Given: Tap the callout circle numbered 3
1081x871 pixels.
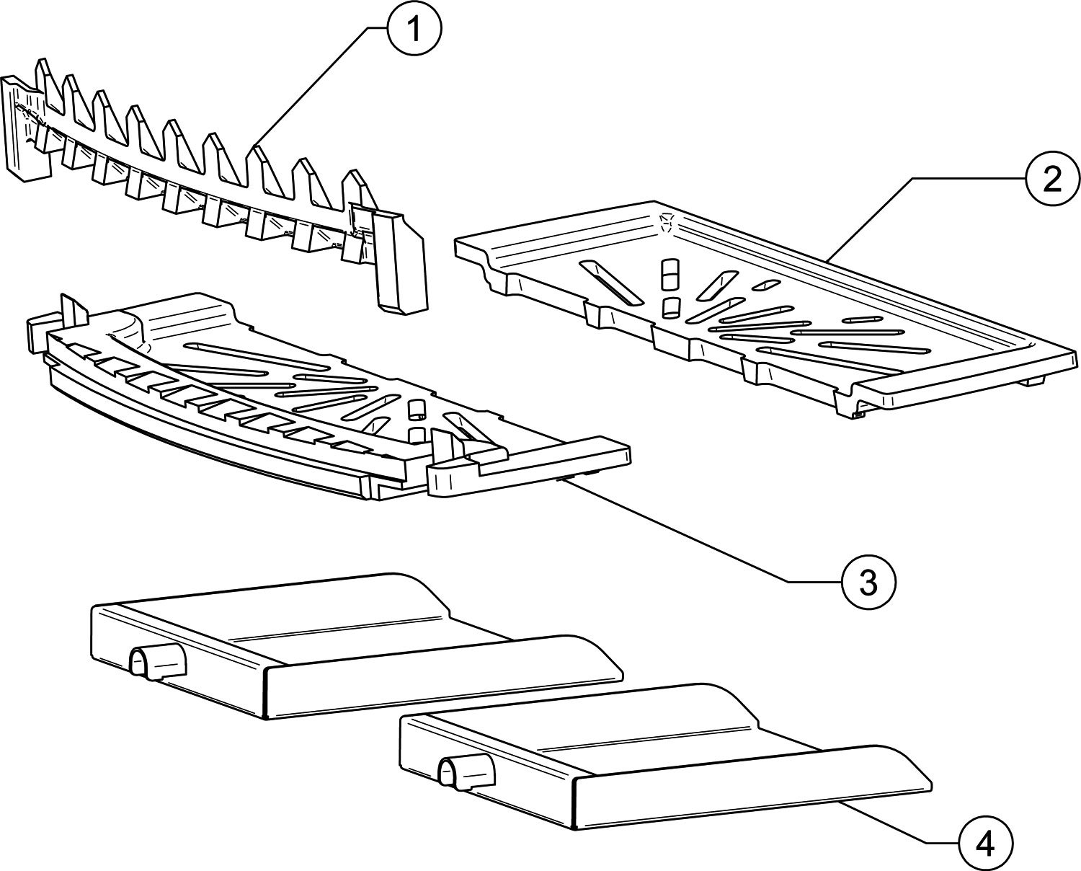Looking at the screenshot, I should tap(868, 580).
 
